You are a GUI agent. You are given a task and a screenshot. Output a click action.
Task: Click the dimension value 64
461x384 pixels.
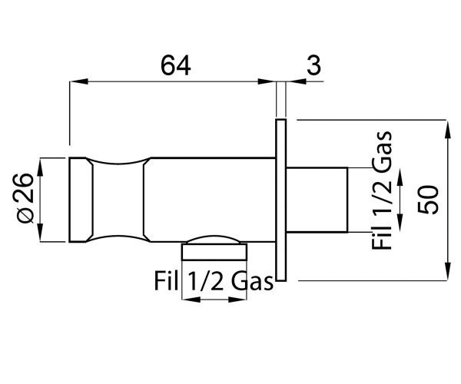click(176, 65)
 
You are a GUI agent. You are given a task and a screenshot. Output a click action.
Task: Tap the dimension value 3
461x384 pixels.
click(313, 65)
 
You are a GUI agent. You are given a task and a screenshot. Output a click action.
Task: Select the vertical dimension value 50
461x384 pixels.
click(428, 200)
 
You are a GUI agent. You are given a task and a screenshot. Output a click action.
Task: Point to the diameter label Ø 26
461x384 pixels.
click(26, 198)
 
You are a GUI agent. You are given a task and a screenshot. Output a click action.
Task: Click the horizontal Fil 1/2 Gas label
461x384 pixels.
click(214, 281)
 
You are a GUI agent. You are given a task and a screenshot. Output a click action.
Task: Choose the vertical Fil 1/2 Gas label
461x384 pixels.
click(382, 190)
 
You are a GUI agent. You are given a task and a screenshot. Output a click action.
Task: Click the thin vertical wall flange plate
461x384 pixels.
click(280, 200)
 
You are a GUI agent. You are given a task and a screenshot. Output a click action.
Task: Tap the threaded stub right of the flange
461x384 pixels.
click(317, 200)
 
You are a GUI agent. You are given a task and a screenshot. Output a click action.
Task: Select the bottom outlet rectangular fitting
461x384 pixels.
click(214, 252)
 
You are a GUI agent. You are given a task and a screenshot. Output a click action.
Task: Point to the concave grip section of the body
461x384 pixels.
click(118, 200)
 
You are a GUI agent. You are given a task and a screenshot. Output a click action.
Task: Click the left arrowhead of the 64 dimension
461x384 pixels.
click(79, 81)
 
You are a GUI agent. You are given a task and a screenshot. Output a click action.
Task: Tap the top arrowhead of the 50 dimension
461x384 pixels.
click(447, 129)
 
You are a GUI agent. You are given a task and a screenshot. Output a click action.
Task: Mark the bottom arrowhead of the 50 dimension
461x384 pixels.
click(447, 271)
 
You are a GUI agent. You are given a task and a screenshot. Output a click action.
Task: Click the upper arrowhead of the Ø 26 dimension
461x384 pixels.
click(40, 167)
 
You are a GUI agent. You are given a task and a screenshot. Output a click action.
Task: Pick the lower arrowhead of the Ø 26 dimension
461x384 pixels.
click(40, 233)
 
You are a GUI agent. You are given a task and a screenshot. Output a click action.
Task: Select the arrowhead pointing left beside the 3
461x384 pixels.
click(296, 81)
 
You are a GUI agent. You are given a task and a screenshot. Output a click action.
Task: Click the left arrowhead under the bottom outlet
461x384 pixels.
click(191, 300)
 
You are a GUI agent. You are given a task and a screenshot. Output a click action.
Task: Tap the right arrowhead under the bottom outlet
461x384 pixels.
click(237, 300)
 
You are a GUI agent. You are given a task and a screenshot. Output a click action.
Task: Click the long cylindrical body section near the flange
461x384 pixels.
click(209, 200)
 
